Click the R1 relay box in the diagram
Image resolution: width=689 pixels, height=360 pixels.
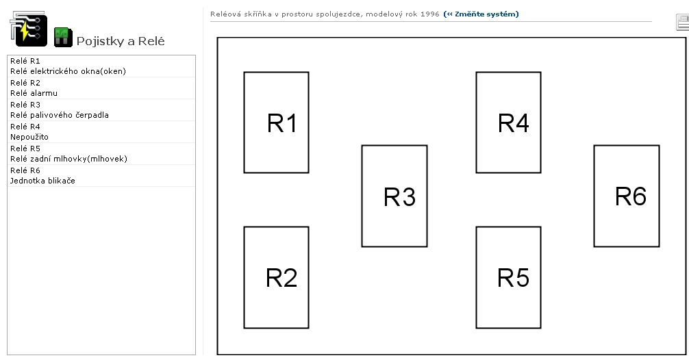(x=276, y=122)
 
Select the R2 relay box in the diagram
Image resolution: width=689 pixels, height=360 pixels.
(x=276, y=277)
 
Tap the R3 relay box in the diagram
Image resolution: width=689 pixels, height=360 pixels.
(x=394, y=196)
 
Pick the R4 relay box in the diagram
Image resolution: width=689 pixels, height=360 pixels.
(x=508, y=122)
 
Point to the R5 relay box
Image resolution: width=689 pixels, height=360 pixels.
(x=508, y=277)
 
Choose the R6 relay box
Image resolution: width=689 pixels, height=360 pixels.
(x=626, y=196)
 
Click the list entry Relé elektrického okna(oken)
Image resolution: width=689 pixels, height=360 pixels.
(x=68, y=71)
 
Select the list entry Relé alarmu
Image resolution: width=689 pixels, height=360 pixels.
(x=34, y=93)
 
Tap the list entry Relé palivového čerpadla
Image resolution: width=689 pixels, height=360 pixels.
(x=60, y=115)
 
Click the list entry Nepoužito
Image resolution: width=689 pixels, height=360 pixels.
(x=29, y=137)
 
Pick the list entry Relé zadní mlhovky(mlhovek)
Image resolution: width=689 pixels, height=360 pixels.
(x=69, y=159)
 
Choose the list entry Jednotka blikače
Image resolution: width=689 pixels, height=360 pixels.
(x=42, y=181)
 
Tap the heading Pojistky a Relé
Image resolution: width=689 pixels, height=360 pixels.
(x=121, y=41)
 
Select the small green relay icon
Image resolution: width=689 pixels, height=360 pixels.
(x=63, y=36)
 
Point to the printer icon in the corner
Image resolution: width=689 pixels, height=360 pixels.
(x=681, y=22)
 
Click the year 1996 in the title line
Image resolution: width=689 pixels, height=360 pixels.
(x=430, y=14)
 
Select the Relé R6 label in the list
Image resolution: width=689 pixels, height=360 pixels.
(x=25, y=170)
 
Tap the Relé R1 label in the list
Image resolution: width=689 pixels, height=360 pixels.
(x=25, y=61)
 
